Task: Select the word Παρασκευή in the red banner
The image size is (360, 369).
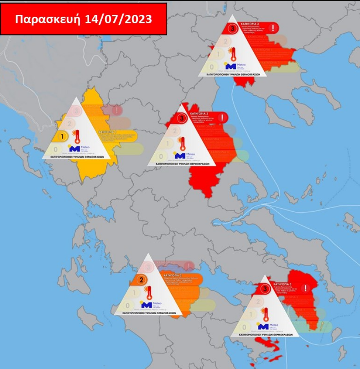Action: pos(48,19)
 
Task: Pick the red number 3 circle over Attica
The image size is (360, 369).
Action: pos(266,289)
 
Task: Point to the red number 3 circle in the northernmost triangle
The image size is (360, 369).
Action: pos(233,29)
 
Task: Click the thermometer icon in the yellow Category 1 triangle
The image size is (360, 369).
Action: pos(76,136)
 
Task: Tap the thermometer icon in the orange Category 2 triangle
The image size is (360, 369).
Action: pos(149,293)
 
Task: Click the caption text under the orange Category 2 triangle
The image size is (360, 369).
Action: pos(146,313)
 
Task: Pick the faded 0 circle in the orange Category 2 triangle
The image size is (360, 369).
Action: pos(128,305)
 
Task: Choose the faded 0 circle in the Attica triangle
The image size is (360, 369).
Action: pos(244,327)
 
